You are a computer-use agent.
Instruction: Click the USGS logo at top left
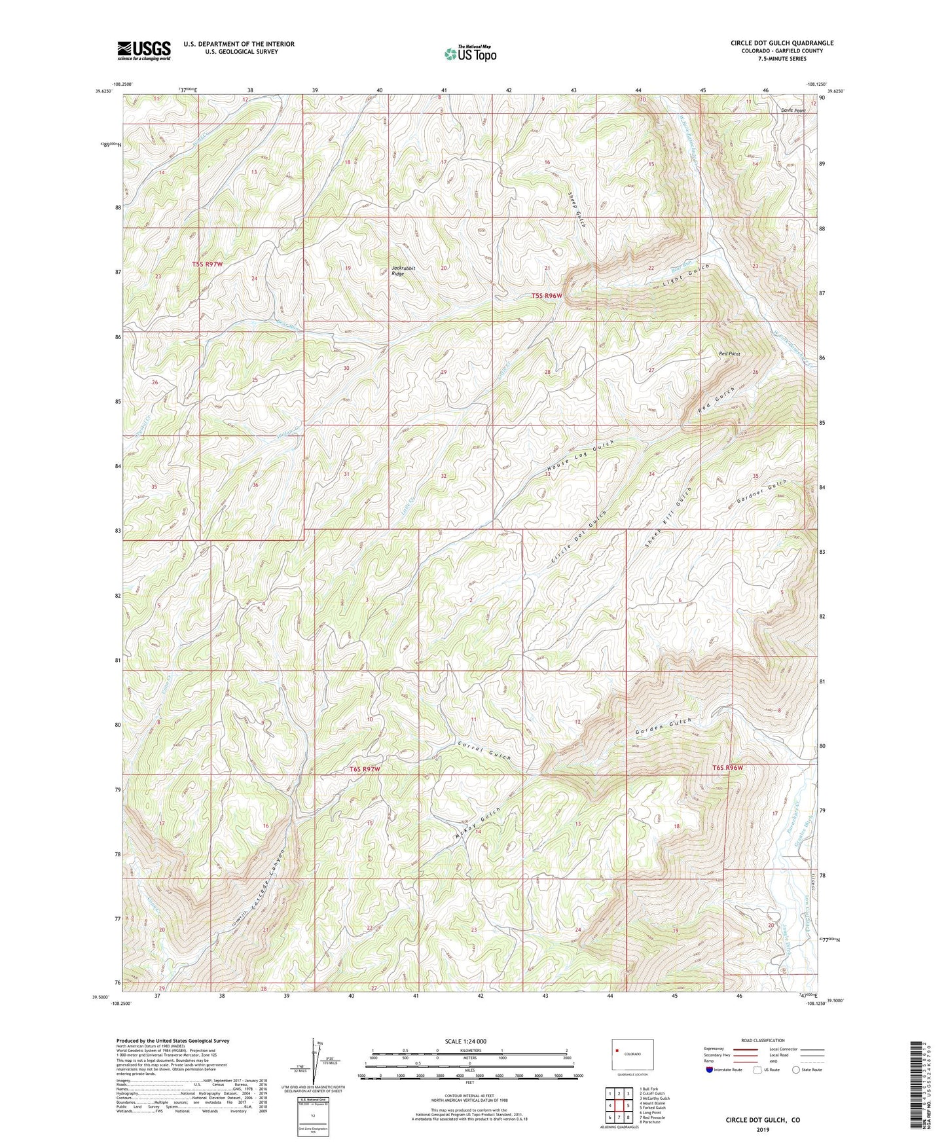144,50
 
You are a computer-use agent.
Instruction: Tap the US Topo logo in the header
469,54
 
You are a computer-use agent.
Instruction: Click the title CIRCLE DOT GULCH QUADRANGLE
782,43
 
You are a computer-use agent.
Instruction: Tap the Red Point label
729,354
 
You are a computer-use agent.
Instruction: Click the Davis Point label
793,111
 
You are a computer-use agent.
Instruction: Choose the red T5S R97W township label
208,264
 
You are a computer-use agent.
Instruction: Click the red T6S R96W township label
728,768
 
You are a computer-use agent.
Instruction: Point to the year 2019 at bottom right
762,1129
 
